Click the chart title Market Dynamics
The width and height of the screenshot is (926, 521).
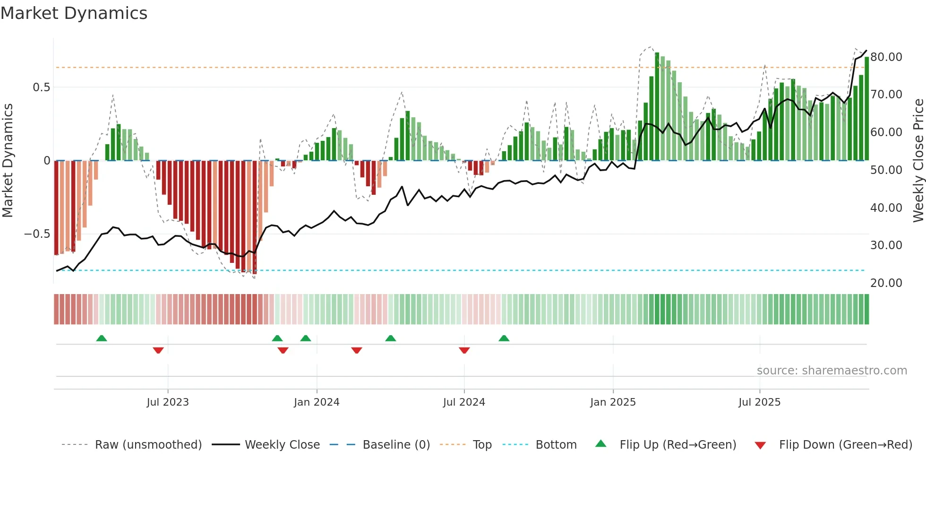[x=74, y=13]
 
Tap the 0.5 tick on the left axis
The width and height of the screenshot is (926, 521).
[x=41, y=87]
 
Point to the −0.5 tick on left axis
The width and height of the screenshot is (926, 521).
[x=37, y=234]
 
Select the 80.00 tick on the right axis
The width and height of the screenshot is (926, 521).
[x=886, y=57]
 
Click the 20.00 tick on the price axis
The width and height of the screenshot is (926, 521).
[x=886, y=283]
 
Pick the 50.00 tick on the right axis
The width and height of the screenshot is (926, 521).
[x=886, y=170]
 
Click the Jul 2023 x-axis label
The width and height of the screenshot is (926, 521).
[x=168, y=402]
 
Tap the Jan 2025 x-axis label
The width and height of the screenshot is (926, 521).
[x=613, y=402]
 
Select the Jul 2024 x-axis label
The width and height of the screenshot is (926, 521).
[x=464, y=402]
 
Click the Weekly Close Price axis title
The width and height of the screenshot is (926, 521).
[x=918, y=161]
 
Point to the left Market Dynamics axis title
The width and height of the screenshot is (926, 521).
[x=8, y=161]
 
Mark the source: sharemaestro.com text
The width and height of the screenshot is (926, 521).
[x=832, y=371]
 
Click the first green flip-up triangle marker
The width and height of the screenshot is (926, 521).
[x=102, y=338]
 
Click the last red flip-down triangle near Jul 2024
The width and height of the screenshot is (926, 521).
[x=464, y=350]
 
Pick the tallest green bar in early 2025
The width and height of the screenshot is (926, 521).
[x=657, y=106]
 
